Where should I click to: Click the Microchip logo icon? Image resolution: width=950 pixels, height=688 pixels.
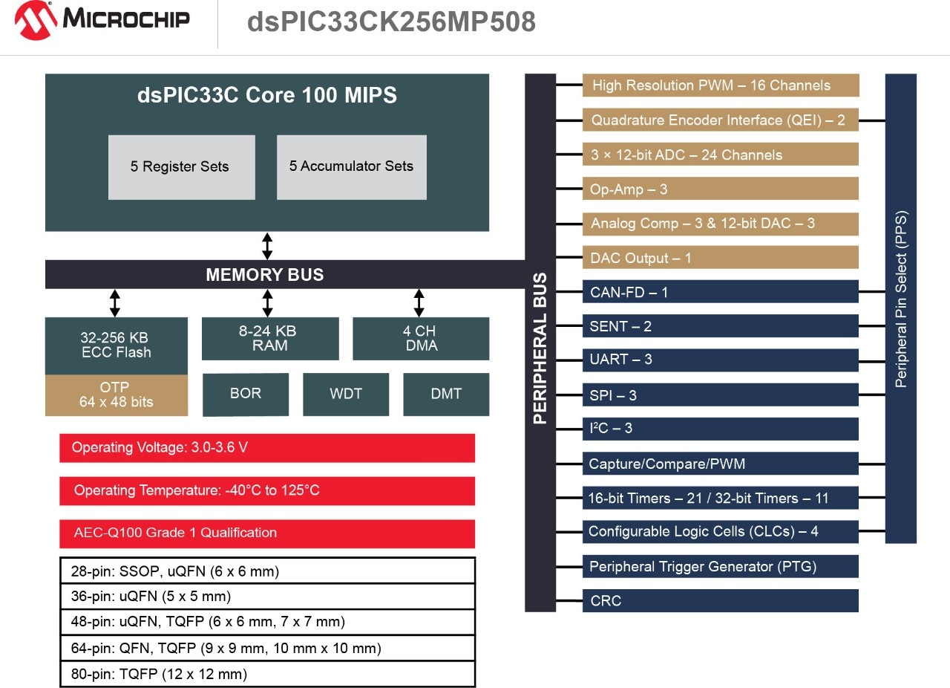coord(36,21)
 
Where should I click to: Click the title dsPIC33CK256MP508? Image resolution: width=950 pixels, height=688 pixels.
coord(391,22)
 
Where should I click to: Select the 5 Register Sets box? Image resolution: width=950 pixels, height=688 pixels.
coord(182,167)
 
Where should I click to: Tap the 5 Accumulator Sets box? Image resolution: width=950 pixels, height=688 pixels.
coord(351,167)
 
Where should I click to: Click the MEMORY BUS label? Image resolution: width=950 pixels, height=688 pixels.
coord(264,275)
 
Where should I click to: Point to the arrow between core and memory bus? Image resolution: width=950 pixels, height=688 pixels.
coord(267,246)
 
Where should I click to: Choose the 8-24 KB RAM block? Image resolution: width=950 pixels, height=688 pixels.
coord(269,338)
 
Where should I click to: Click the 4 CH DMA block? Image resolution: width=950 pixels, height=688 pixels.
coord(420,338)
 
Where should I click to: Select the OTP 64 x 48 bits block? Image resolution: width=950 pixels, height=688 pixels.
coord(116,395)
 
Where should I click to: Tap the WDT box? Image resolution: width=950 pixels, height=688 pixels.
coord(346,394)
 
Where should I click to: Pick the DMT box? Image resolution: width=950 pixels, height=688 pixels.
coord(446,394)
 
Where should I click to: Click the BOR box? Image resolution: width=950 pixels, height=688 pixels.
coord(245,394)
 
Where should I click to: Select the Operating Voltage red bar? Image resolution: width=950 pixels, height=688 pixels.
coord(266,448)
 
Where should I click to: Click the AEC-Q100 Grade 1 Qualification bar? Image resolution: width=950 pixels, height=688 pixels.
coord(266,533)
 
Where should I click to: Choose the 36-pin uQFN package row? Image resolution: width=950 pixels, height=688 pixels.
coord(266,596)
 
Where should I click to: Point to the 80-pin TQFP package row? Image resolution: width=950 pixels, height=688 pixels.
coord(266,674)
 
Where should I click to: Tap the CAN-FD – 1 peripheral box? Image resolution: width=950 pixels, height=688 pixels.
coord(720,292)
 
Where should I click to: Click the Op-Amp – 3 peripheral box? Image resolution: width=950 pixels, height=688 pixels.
coord(720,189)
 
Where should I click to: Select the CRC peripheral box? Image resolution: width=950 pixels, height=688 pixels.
coord(720,600)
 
